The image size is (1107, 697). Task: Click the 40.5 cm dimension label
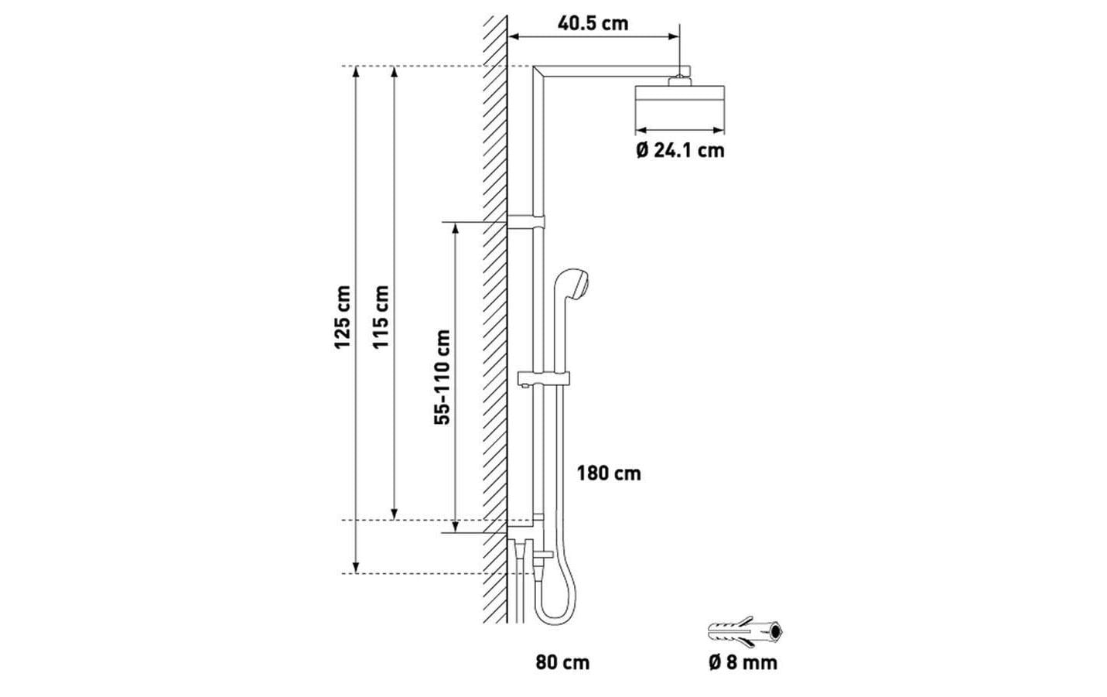(x=593, y=22)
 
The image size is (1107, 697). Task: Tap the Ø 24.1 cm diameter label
(x=680, y=150)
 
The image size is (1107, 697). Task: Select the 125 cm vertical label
(x=343, y=317)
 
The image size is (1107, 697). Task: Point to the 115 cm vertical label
(x=381, y=317)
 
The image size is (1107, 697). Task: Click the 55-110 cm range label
(x=442, y=377)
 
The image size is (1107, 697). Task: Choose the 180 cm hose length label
(x=608, y=473)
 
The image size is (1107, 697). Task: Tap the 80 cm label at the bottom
(x=562, y=663)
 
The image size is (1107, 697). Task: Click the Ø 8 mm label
(x=743, y=663)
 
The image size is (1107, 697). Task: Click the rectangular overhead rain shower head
(x=681, y=106)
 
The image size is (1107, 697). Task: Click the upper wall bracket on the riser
(x=527, y=222)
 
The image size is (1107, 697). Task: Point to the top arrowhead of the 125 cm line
(x=356, y=72)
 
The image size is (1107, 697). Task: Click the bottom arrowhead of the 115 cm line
(x=395, y=514)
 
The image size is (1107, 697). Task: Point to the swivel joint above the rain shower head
(x=679, y=76)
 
